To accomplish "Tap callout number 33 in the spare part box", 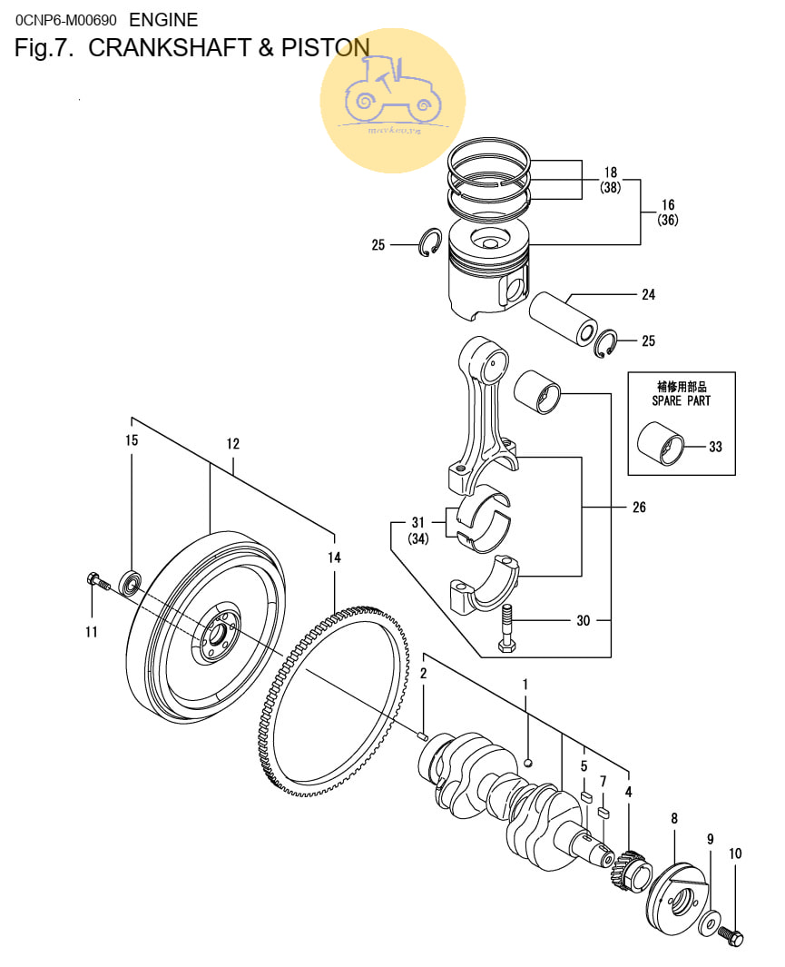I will [x=715, y=446].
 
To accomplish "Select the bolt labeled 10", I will [x=731, y=934].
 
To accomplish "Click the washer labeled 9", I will [x=707, y=924].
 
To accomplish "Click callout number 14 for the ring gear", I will [x=334, y=558].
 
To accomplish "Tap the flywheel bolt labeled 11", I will [x=96, y=581].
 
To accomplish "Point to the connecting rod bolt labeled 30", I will [x=505, y=627].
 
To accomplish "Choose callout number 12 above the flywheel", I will [x=233, y=444].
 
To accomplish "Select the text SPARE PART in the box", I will [x=681, y=400].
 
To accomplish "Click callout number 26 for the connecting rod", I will [x=639, y=507].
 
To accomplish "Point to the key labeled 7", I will [x=605, y=811].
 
